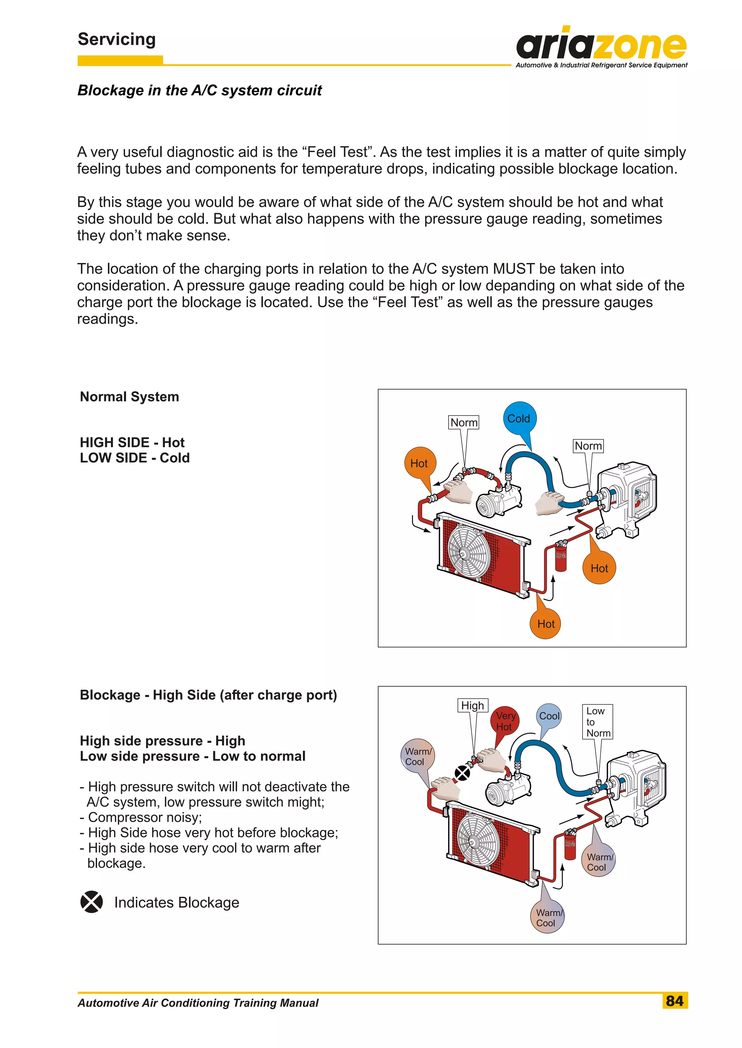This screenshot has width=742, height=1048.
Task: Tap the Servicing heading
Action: point(117,39)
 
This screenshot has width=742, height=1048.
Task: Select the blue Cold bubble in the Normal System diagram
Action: point(519,418)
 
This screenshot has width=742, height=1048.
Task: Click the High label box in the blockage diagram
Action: point(472,705)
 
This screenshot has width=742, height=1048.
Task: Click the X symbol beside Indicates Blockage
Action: point(91,902)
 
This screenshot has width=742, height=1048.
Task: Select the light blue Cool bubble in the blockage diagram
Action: point(549,716)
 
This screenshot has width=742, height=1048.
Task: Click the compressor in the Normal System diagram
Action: point(498,501)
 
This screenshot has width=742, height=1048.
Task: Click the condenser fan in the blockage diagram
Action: point(478,841)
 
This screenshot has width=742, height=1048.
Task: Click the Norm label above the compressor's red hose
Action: point(464,422)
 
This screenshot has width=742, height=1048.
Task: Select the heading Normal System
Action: point(129,397)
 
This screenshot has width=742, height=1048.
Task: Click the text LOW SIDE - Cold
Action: point(134,458)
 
